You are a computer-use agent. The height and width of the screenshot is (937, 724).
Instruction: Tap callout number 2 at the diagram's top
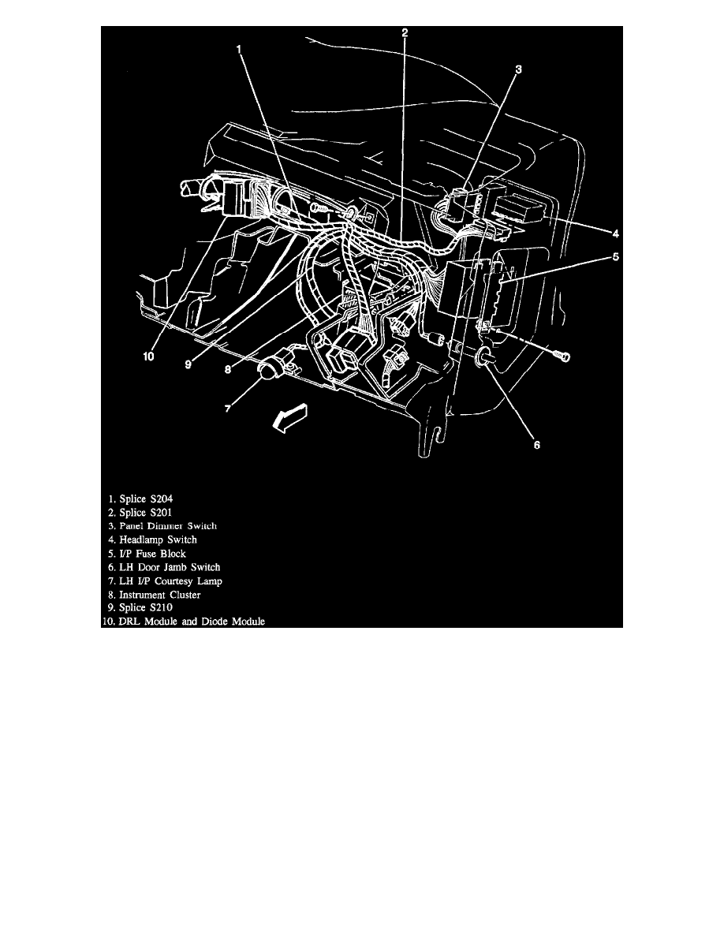404,33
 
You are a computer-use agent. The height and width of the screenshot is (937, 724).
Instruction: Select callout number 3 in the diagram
518,70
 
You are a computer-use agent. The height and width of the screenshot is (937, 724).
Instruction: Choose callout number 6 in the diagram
537,445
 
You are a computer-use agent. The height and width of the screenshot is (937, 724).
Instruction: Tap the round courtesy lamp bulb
268,368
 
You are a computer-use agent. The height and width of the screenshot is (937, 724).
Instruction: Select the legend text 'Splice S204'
145,498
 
